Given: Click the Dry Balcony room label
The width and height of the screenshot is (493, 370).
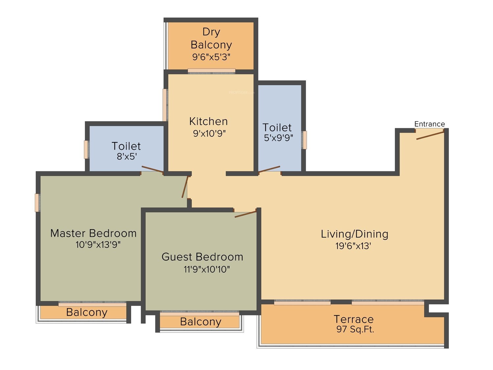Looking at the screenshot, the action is tap(211, 38).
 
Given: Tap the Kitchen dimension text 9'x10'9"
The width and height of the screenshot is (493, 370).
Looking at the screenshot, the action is tap(209, 134).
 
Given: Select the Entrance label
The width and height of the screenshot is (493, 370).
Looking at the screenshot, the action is tap(430, 124).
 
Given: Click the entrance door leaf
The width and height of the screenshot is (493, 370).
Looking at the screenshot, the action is tap(430, 135).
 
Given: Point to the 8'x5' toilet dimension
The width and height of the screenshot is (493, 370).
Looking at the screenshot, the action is tap(127, 156).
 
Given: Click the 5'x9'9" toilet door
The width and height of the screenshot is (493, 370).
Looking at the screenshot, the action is tap(269, 170).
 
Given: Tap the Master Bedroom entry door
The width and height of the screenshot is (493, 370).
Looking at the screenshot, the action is tap(185, 187).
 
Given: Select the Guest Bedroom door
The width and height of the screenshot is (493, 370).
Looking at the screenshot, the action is tap(245, 214).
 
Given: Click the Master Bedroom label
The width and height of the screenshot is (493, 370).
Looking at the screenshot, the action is tap(93, 233).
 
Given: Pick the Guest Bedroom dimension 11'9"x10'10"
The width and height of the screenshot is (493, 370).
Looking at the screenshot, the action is tap(207, 269).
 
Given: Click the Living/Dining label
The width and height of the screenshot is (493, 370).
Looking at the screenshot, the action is tap(354, 234).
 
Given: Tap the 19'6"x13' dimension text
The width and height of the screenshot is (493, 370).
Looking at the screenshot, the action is tap(353, 246).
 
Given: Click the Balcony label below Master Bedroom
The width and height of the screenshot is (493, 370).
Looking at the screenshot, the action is tap(87, 312).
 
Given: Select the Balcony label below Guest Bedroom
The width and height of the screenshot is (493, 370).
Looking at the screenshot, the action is tap(200, 322).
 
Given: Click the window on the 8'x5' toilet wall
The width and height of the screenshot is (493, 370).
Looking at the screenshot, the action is tap(86, 150).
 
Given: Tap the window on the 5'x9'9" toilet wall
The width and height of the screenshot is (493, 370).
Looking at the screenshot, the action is tap(304, 140).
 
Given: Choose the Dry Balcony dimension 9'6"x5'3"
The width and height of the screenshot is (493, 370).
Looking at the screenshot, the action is tap(211, 57).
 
